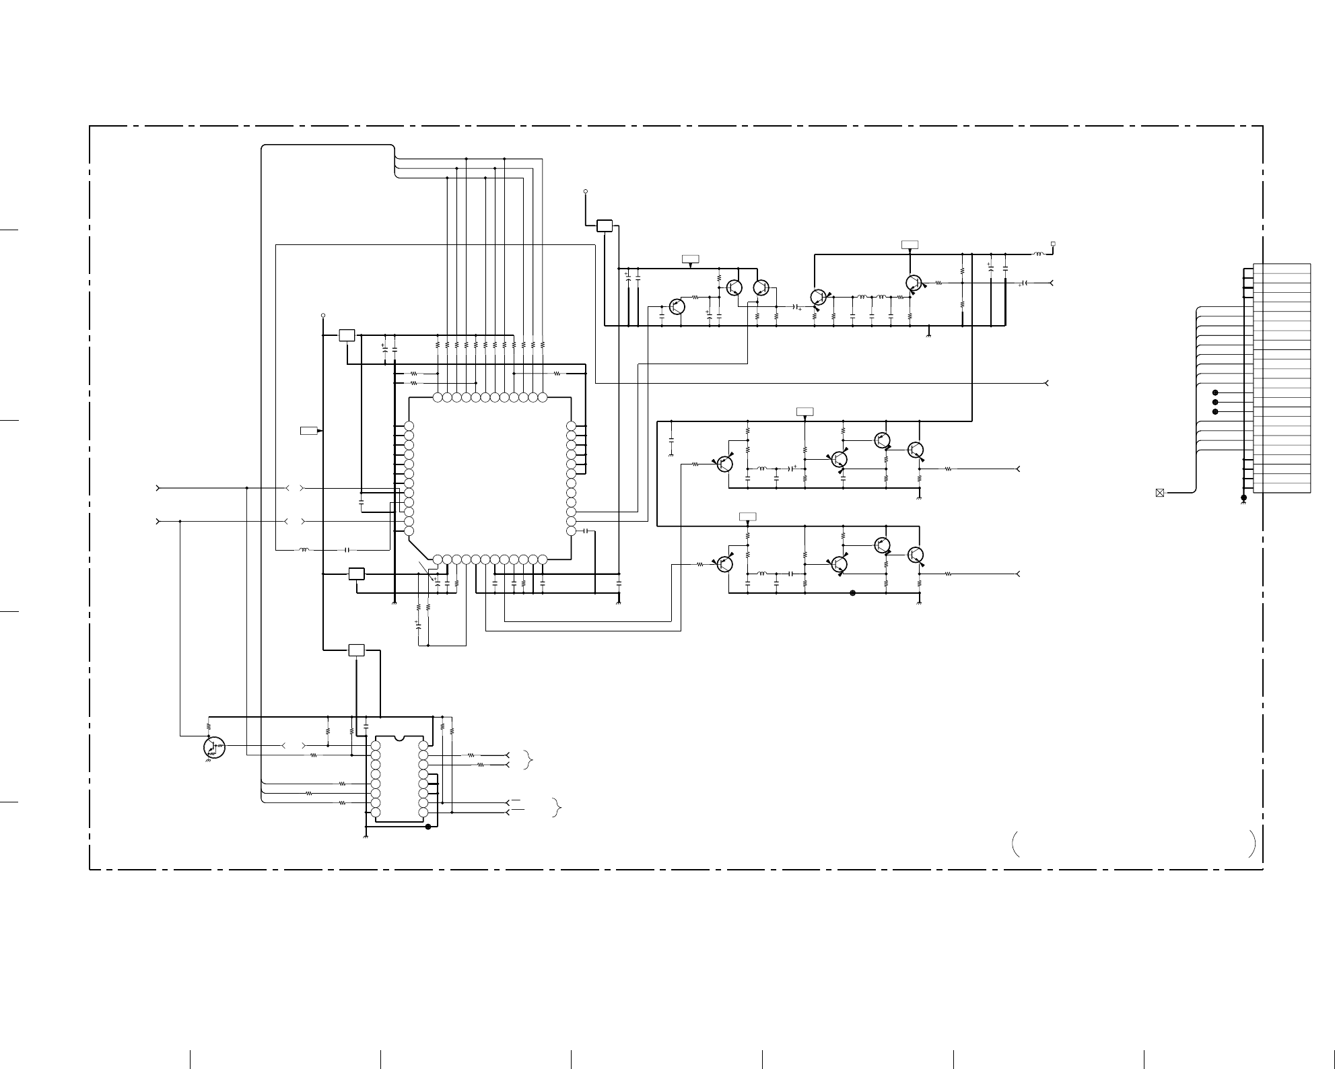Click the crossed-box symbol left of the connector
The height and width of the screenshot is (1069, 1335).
point(1159,493)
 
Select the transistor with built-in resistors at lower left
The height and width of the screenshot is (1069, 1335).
point(213,747)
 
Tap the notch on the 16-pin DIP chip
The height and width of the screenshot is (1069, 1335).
point(399,738)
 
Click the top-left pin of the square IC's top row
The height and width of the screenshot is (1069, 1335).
point(438,397)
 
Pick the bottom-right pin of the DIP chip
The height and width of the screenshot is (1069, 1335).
point(423,813)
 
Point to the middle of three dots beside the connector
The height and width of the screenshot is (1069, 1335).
point(1215,402)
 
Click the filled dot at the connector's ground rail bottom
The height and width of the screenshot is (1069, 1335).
point(1243,498)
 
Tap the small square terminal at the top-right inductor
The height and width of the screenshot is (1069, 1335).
point(1053,244)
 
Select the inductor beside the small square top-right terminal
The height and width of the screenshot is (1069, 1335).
point(1038,254)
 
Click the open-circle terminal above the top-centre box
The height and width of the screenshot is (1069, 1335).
point(586,192)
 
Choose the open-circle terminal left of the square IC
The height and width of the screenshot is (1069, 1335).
point(323,315)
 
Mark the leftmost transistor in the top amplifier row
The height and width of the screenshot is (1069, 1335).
point(677,306)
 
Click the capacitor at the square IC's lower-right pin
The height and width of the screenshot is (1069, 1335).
point(586,531)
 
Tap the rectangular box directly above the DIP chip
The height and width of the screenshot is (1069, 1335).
point(356,650)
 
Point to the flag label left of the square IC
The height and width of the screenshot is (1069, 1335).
point(309,430)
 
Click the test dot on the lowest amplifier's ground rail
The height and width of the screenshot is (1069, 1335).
point(852,593)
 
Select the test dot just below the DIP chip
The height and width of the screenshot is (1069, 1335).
point(428,827)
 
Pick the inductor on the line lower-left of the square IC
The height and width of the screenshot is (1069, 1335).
point(304,550)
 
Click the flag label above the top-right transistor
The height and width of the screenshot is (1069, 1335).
point(910,244)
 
